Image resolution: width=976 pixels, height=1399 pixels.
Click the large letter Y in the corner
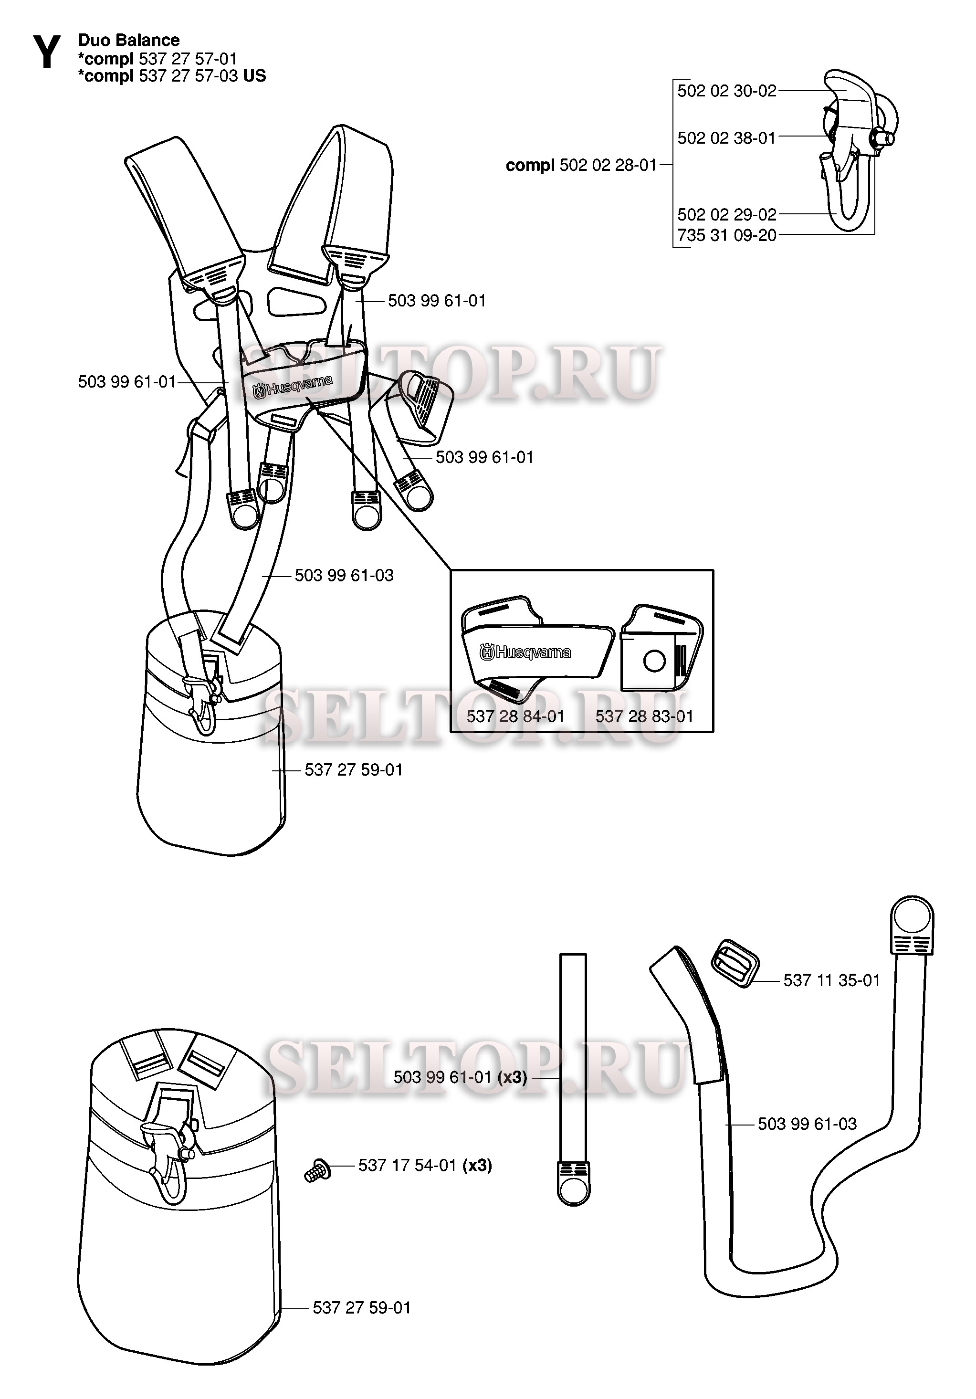[46, 53]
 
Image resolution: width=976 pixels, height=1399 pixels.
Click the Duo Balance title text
[128, 40]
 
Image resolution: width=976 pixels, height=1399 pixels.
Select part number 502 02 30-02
[726, 91]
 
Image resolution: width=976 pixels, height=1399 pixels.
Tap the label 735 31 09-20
[726, 235]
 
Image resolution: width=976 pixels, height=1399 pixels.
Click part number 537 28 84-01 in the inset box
[515, 716]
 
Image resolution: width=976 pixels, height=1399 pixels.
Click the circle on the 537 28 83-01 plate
[654, 661]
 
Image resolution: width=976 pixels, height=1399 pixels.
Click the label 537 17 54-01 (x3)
[425, 1166]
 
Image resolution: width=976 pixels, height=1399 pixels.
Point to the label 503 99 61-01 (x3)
[460, 1077]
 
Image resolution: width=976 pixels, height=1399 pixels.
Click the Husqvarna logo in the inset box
[525, 653]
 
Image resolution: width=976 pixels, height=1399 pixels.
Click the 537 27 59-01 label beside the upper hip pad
[353, 770]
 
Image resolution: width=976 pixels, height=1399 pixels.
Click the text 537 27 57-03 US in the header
[202, 75]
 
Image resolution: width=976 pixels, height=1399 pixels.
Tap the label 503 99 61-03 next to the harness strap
[344, 575]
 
